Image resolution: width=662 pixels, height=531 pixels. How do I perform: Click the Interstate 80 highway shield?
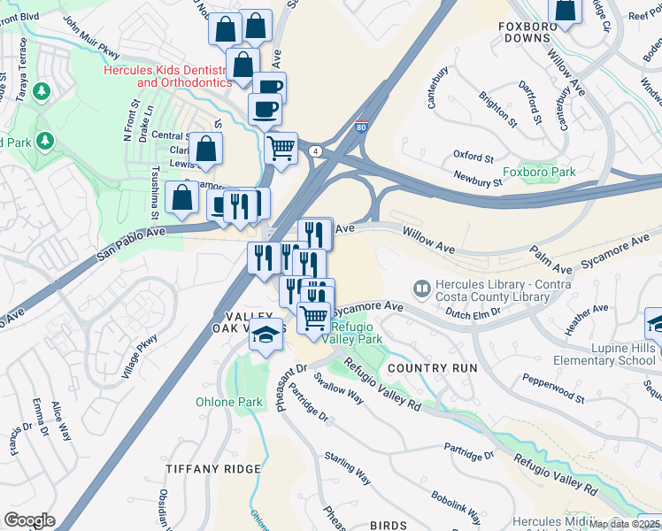tap(361, 127)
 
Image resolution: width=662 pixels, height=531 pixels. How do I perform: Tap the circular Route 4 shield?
tap(314, 151)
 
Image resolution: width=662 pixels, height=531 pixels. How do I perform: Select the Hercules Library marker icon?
tap(421, 289)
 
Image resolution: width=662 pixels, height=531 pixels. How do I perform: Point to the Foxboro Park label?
tap(539, 172)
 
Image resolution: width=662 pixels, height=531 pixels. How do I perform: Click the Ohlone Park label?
tap(228, 402)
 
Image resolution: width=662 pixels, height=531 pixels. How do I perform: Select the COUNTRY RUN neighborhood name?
tap(432, 367)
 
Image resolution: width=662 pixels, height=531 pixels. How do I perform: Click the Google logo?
tap(29, 520)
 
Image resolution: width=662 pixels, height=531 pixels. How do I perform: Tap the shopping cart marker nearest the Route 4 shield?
tap(281, 147)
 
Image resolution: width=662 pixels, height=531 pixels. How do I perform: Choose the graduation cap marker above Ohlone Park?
tap(266, 335)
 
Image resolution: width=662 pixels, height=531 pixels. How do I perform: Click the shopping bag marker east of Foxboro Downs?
tap(565, 10)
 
